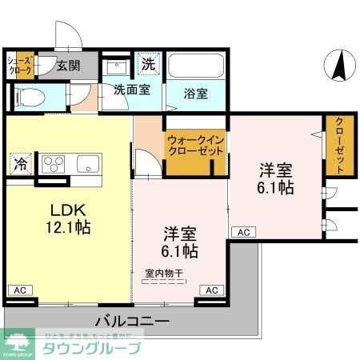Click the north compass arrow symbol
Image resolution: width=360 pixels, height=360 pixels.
pos(338,65)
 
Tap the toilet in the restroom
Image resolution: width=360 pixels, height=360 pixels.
pos(26,98)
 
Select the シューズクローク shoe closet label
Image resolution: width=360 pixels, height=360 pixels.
pos(20,66)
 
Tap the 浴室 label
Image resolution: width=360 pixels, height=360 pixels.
pos(195,94)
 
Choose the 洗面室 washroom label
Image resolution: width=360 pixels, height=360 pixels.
pos(131,90)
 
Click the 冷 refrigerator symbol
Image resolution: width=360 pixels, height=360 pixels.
pos(19,163)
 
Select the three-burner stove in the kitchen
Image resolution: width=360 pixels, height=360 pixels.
pos(54,163)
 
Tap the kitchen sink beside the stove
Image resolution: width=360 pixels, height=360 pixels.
pos(86,163)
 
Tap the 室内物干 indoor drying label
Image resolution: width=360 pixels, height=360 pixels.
pos(163,274)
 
